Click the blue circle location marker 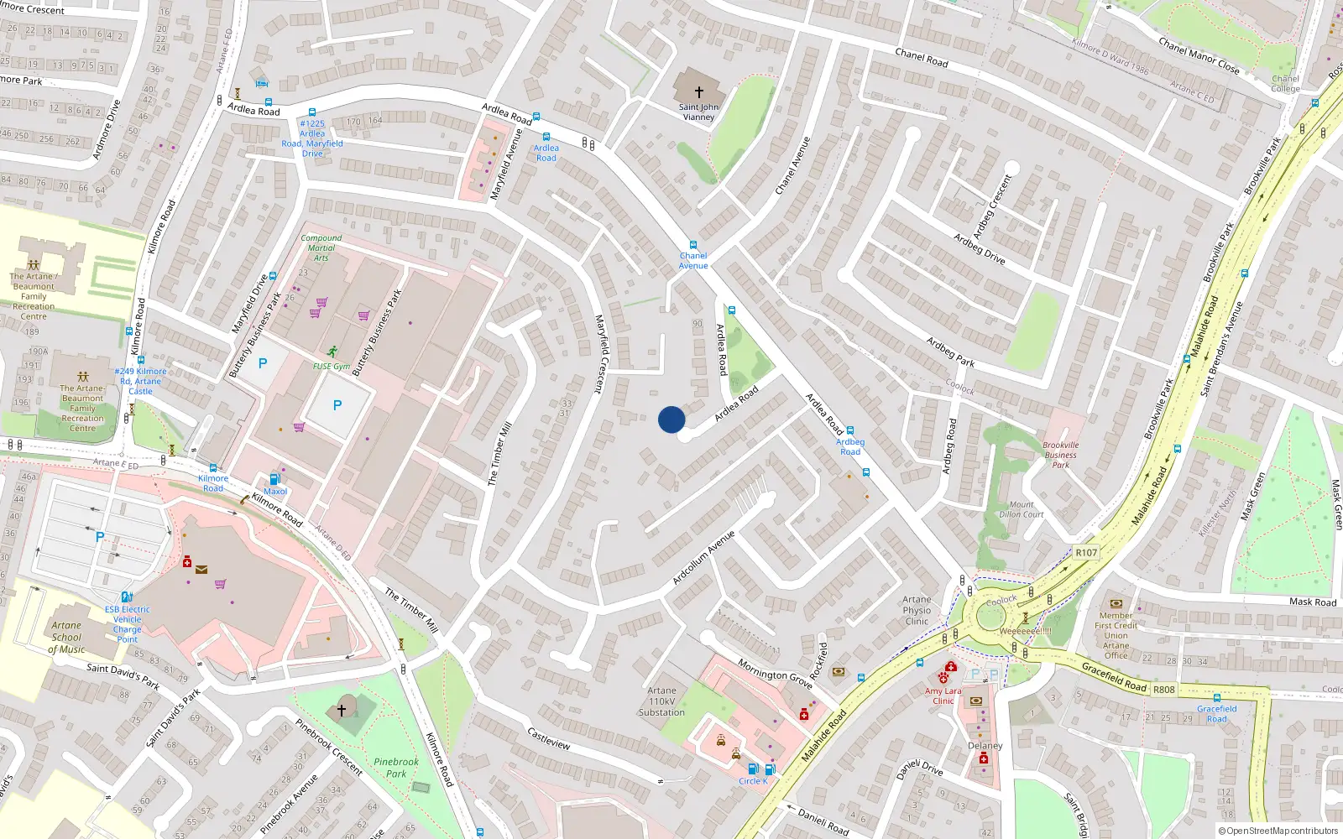(x=671, y=419)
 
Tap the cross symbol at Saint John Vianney (x=698, y=92)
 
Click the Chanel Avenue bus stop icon (x=693, y=245)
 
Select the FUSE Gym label (x=332, y=367)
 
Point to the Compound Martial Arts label (x=321, y=248)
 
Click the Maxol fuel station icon (x=274, y=480)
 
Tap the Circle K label (x=753, y=781)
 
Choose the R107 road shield (x=1086, y=552)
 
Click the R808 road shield (x=1164, y=690)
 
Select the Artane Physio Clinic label (x=917, y=611)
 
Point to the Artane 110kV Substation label (x=661, y=701)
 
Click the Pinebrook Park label (x=396, y=768)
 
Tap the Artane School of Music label (x=66, y=637)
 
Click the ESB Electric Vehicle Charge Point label (x=128, y=624)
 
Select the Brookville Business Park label (x=1061, y=455)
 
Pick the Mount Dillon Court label (x=1022, y=509)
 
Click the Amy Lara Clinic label (x=943, y=696)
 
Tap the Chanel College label (x=1285, y=84)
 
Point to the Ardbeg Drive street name (x=980, y=249)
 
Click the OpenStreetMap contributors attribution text (x=1278, y=831)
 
